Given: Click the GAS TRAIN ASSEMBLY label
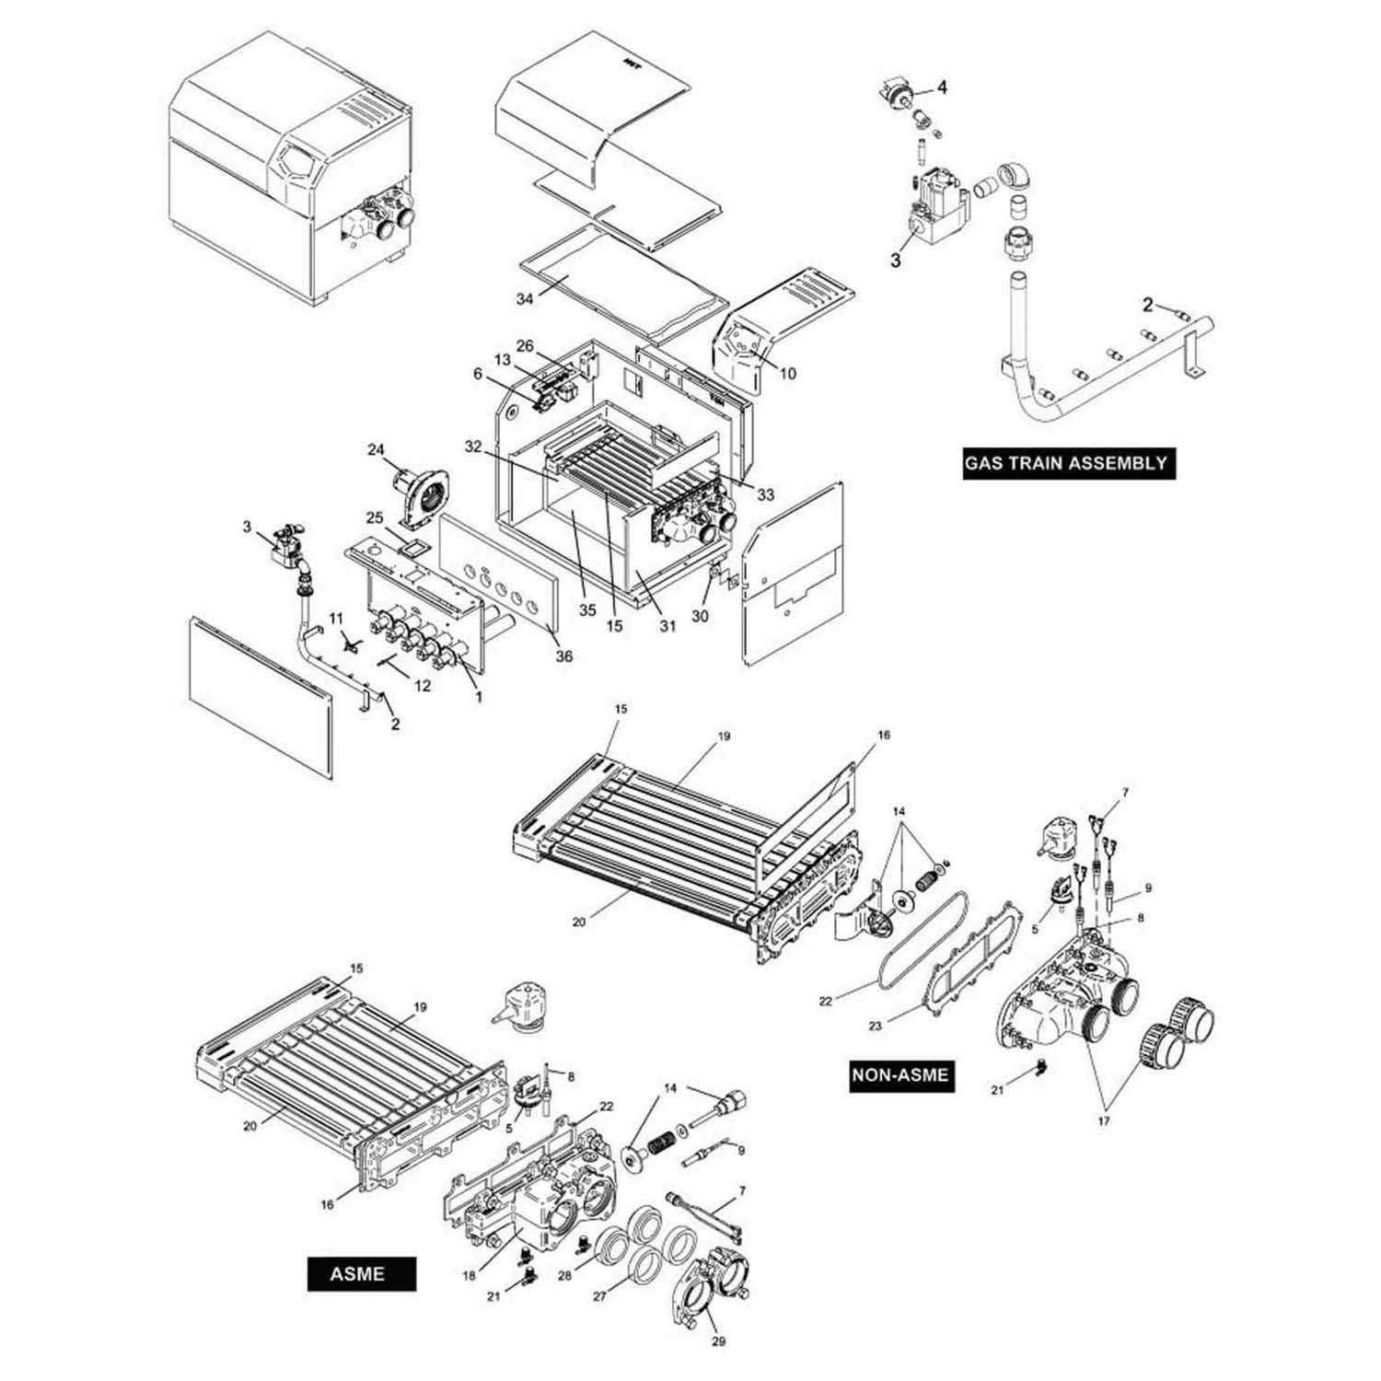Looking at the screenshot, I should click(x=1065, y=462).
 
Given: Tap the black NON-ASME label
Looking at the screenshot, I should click(x=899, y=1074).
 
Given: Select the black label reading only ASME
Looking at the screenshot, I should click(x=360, y=1274).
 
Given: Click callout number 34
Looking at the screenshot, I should click(x=525, y=298).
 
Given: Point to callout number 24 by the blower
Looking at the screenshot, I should click(x=376, y=450).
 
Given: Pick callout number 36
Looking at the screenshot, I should click(x=563, y=656).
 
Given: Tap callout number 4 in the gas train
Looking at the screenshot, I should click(x=942, y=87).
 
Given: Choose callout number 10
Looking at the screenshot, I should click(x=788, y=374).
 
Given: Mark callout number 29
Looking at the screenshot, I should click(x=719, y=1341).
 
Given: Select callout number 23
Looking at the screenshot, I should click(x=875, y=1025).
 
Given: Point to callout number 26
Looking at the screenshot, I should click(x=525, y=346).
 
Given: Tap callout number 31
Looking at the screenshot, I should click(x=667, y=626).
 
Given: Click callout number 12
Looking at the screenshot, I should click(x=423, y=685).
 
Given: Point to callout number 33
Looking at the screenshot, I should click(x=765, y=495).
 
